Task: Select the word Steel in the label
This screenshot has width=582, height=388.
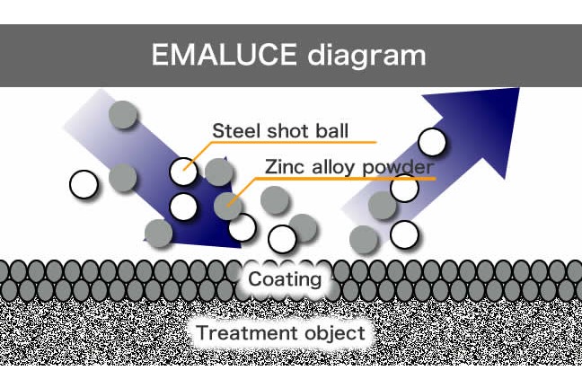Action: [x=235, y=130]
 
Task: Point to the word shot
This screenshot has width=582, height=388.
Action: [x=288, y=130]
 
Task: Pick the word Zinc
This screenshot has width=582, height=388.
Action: [x=286, y=167]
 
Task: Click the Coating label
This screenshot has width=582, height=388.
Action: [x=285, y=279]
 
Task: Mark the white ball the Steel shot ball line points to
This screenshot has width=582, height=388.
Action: [x=183, y=172]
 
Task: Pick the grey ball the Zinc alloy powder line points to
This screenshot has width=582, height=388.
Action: [x=228, y=206]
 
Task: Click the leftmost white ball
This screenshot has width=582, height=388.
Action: [x=84, y=184]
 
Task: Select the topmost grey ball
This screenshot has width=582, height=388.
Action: [x=123, y=115]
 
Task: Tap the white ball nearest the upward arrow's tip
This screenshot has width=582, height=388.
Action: [x=432, y=142]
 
